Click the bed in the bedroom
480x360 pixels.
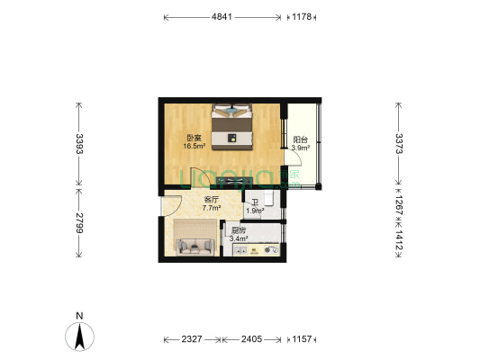pyautogui.click(x=233, y=126)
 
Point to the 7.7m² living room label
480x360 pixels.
pyautogui.click(x=212, y=203)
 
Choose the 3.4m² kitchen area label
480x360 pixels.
pyautogui.click(x=240, y=235)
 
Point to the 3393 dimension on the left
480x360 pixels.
pyautogui.click(x=78, y=145)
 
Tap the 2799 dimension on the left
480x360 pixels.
pyautogui.click(x=78, y=222)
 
